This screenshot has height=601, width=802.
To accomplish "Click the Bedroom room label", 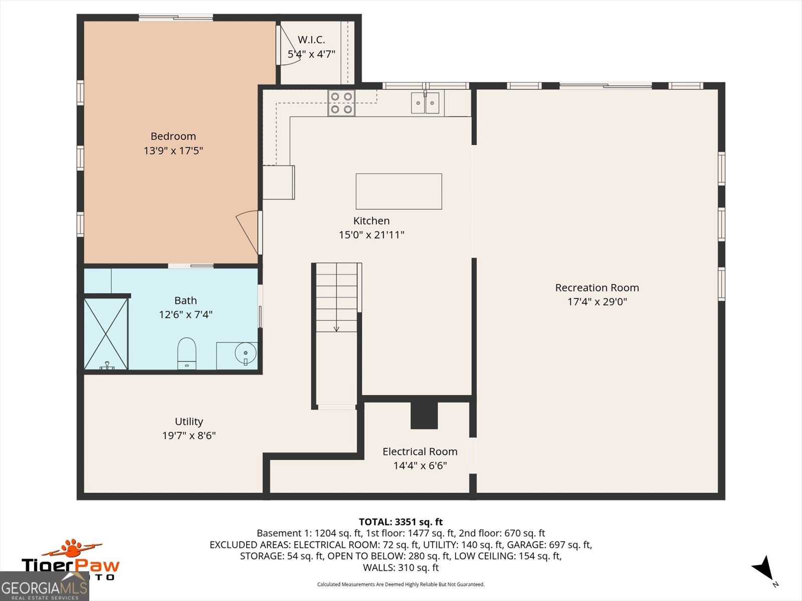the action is point(173,136).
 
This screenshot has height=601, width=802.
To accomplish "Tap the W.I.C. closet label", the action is point(311,40).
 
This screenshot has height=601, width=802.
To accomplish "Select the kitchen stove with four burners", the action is point(341,103).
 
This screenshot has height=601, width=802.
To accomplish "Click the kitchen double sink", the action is point(425,103).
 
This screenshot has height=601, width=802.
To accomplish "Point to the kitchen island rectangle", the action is point(398,191).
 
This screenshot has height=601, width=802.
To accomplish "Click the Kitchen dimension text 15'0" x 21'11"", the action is point(371,234).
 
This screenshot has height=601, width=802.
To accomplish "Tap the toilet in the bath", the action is point(186,353).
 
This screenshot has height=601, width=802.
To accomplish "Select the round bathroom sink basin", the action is point(245,353).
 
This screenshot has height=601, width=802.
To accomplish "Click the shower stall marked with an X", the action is point(106,334).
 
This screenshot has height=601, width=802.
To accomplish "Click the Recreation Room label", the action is point(597,287).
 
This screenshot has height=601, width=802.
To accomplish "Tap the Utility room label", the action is point(189,422).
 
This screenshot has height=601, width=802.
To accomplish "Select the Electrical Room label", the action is point(420,451).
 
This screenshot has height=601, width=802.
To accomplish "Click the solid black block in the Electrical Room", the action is point(424,415).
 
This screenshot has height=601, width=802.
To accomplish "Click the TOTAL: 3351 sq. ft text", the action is point(400,522).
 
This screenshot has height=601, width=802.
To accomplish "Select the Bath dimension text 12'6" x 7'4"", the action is point(185,315).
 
